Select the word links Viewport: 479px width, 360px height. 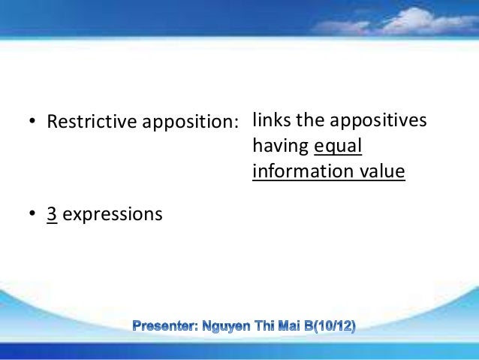(271, 119)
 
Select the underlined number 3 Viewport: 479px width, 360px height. (53, 214)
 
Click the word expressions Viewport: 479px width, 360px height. (113, 215)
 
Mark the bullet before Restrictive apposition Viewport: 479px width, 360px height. (32, 122)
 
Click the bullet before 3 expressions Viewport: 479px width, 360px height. (32, 215)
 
